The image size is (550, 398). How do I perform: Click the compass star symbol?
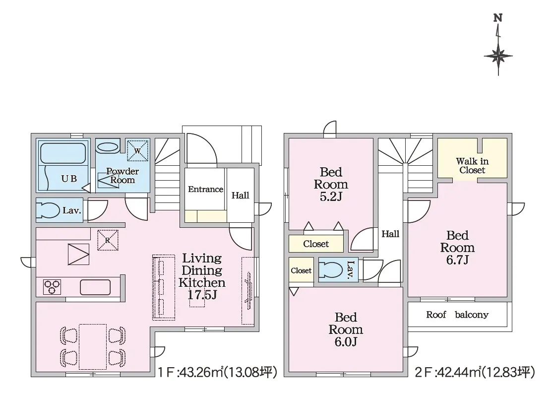(498, 56)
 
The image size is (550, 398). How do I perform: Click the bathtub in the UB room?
(63, 153)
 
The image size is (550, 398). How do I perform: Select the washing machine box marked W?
(137, 151)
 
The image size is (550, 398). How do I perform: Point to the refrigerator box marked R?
(108, 240)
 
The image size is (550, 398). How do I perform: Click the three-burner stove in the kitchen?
(52, 287)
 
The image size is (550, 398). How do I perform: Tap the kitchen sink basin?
(95, 287)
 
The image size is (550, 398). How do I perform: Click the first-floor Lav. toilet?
(48, 210)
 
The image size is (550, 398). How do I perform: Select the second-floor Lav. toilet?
(331, 269)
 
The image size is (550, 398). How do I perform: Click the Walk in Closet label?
(472, 166)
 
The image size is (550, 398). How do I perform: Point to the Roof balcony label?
(457, 315)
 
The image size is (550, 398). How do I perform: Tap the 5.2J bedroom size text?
(331, 197)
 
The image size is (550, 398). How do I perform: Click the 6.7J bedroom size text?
(457, 260)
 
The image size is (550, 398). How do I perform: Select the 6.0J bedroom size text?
(346, 341)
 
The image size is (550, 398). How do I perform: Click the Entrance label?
(205, 189)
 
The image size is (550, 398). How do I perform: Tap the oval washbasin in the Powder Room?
(108, 147)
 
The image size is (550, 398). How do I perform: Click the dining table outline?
(93, 347)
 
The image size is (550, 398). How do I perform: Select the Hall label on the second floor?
(390, 234)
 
